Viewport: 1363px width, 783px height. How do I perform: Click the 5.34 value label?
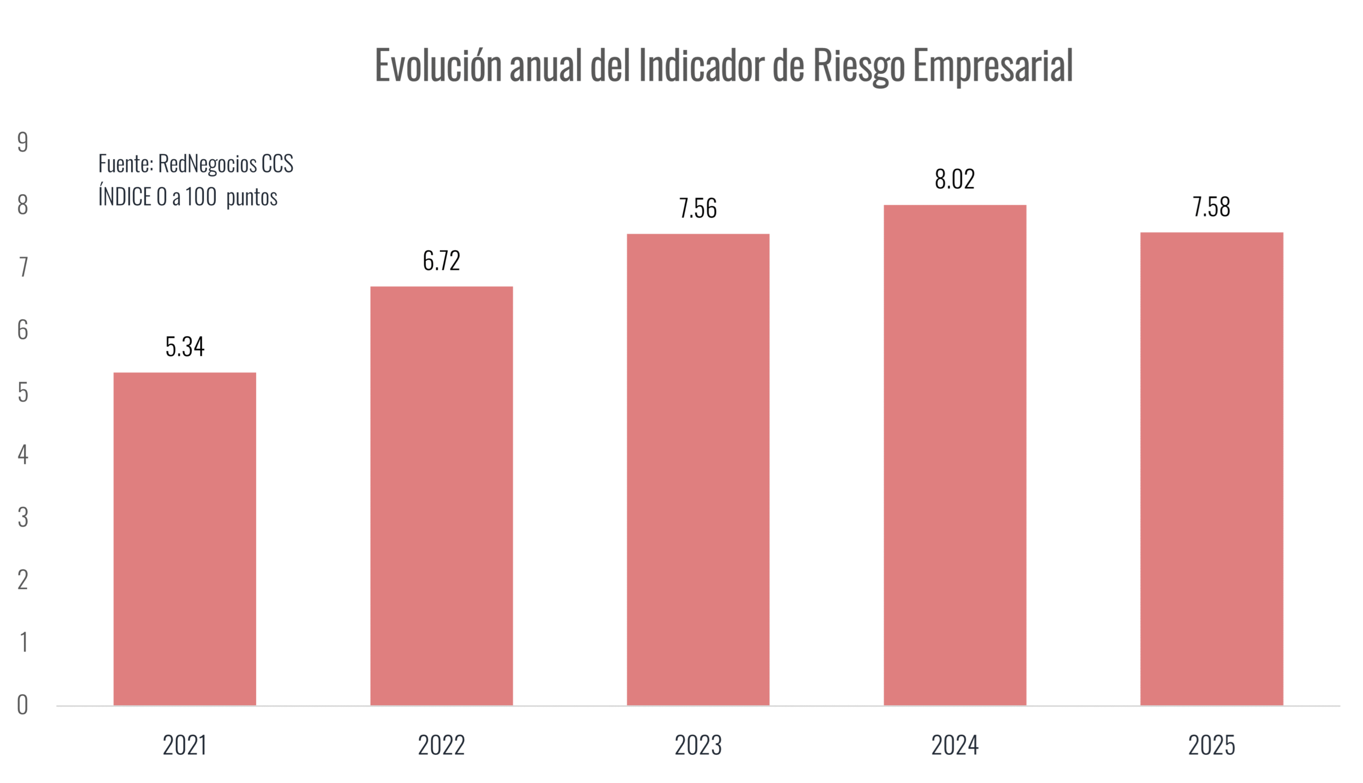pos(185,347)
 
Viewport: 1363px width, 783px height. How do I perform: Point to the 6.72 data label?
pos(441,261)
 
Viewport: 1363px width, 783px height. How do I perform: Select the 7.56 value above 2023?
pos(698,209)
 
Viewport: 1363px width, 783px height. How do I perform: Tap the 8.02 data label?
pos(955,180)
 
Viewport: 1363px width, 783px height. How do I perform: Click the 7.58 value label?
pos(1211,207)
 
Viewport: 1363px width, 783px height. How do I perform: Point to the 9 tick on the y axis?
pos(22,143)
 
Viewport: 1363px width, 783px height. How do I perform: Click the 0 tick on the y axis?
pos(22,705)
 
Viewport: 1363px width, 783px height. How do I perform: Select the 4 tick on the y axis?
pos(22,455)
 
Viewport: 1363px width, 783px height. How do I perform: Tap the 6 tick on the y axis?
pos(22,330)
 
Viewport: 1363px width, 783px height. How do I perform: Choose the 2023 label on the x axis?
pos(698,746)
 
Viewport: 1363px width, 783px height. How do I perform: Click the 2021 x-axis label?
pos(185,746)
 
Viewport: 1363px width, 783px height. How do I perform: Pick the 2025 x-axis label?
pos(1211,746)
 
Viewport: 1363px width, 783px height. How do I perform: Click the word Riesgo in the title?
pos(858,65)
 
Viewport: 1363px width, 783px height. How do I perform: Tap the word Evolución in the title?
pos(438,65)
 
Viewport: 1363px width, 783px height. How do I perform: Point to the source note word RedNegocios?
pos(207,164)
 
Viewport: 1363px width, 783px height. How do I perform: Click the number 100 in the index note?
pos(201,197)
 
